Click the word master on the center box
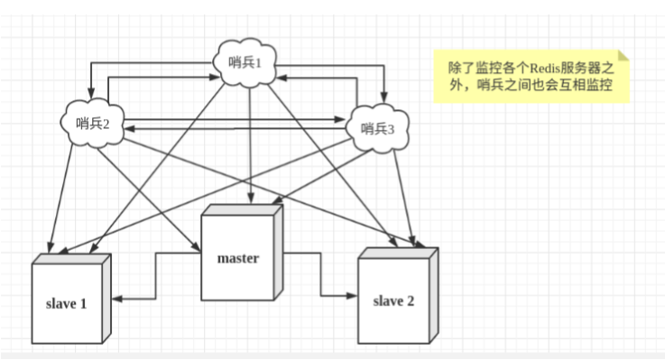click(238, 258)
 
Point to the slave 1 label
click(66, 303)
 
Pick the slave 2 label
click(393, 300)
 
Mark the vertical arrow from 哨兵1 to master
click(250, 144)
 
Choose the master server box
click(238, 257)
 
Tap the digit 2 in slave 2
click(411, 300)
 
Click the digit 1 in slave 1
click(83, 303)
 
